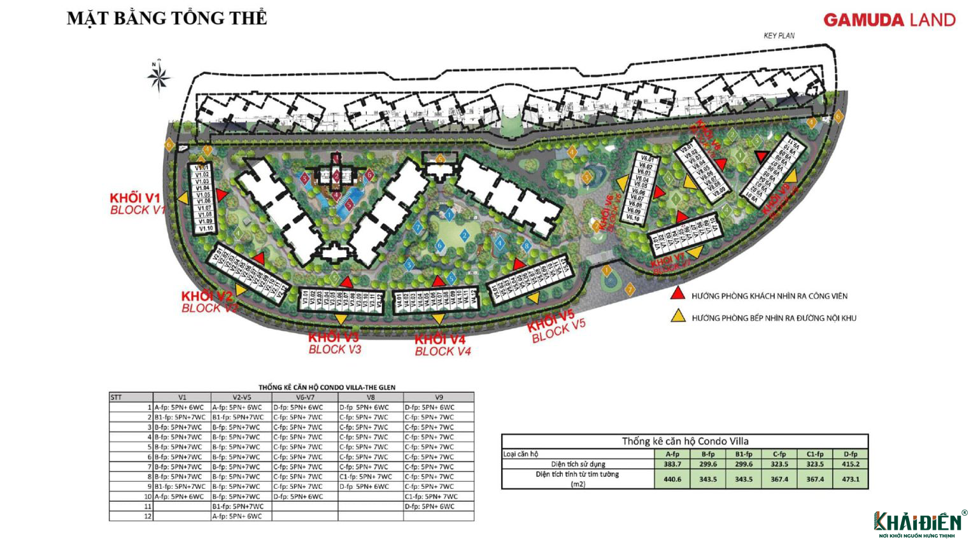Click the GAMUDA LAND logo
pos(889,20)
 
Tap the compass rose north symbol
pos(159,76)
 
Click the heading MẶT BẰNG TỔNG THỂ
pos(167,18)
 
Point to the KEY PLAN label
pos(779,36)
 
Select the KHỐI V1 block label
pos(135,197)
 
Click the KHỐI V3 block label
pos(333,337)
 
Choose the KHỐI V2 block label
pos(207,297)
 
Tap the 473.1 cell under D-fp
pos(850,479)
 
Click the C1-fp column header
pos(814,454)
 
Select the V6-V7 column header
pos(304,397)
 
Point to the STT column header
pos(117,397)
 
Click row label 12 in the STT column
pos(148,516)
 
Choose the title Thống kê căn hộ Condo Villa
pos(684,441)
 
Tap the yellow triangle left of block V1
pos(183,199)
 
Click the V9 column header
pos(438,397)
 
